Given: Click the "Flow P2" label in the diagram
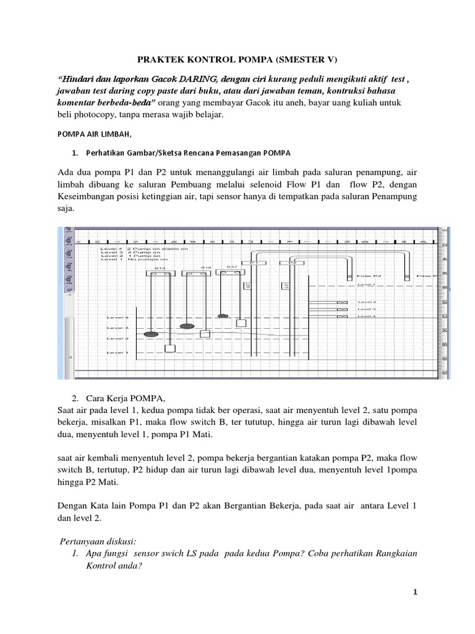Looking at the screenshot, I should coord(369,275).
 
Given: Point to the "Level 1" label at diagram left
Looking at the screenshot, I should coord(117,352).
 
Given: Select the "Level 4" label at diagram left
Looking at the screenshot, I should coord(117,317).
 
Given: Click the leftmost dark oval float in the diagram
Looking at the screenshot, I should coord(150,334).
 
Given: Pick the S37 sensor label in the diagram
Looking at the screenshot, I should coord(231,267).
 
